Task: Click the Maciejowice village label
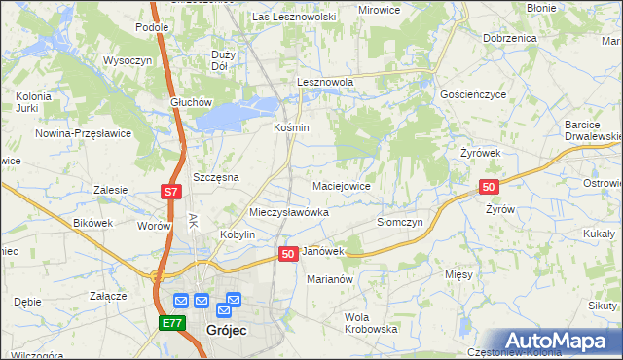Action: (340, 185)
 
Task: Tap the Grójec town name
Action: (227, 330)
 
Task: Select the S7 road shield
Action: (170, 192)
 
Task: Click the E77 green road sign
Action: (171, 322)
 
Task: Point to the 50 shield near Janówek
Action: (288, 253)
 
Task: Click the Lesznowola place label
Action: (324, 83)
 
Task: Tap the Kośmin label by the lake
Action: (291, 127)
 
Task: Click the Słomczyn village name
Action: (400, 222)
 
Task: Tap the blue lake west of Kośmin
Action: (230, 115)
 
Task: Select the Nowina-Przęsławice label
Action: (83, 133)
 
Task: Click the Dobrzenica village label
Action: (509, 37)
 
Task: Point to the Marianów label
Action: (328, 278)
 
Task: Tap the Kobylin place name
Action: (238, 234)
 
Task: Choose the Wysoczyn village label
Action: (125, 59)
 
